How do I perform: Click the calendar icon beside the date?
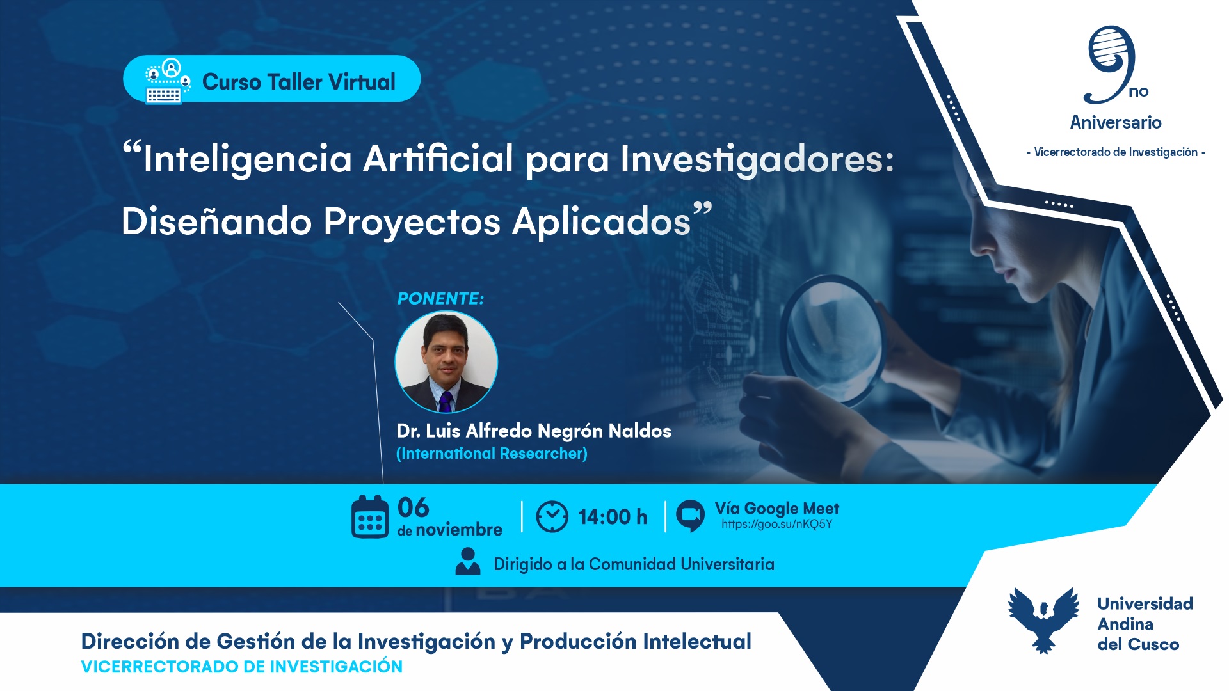click(x=370, y=517)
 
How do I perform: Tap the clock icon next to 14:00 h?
click(x=552, y=517)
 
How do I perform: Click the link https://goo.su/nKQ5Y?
click(x=776, y=524)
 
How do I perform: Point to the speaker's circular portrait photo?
click(x=446, y=361)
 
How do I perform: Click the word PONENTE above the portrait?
click(x=440, y=299)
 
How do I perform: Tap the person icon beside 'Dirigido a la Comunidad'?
click(x=468, y=562)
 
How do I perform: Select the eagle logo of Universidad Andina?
click(x=1043, y=619)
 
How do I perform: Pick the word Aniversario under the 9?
click(x=1116, y=122)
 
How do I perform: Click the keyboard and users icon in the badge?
click(x=167, y=81)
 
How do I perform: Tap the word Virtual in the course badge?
click(x=362, y=82)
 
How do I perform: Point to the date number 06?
click(x=414, y=507)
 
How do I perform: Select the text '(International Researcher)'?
click(x=492, y=454)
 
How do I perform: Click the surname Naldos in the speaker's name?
click(x=639, y=431)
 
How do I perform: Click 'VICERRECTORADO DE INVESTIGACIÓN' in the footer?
click(x=242, y=667)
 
